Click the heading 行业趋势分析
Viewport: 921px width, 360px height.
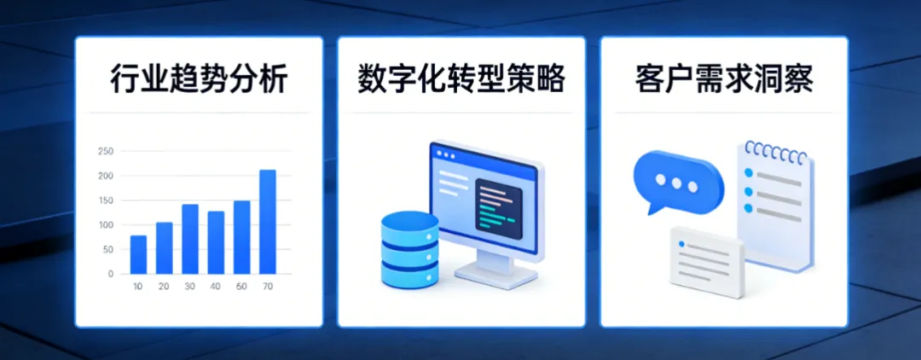[x=199, y=79]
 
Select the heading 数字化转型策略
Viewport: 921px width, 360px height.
[x=461, y=79]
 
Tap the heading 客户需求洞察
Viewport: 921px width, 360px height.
[x=724, y=79]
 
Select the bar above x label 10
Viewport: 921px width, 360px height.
[x=138, y=254]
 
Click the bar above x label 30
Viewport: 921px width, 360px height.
[x=190, y=239]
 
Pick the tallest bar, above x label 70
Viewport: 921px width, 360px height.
[x=268, y=222]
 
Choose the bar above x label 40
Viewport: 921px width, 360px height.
[x=216, y=242]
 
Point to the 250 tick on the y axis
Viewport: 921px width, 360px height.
[x=106, y=152]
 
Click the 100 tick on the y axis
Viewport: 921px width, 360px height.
[x=106, y=225]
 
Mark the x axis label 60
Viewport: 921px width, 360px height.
[x=241, y=287]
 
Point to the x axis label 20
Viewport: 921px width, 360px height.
[x=164, y=287]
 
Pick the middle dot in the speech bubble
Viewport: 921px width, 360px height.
[x=678, y=183]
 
